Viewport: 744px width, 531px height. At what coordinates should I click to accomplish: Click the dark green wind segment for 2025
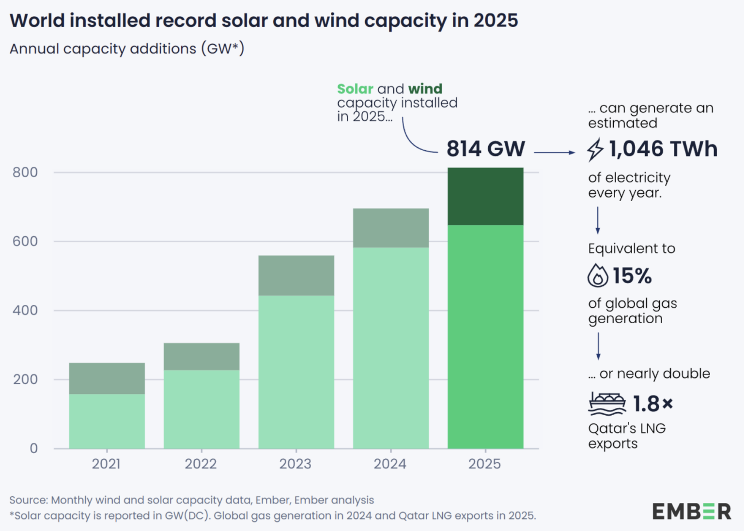click(x=485, y=196)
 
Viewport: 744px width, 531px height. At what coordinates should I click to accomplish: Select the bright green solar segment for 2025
click(x=485, y=337)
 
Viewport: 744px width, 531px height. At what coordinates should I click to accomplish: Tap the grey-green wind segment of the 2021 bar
click(x=107, y=378)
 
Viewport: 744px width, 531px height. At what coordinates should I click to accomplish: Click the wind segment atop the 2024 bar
click(x=390, y=228)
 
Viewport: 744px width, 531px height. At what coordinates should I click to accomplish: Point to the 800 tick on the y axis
click(x=25, y=172)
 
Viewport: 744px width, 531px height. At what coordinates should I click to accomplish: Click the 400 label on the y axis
click(x=25, y=310)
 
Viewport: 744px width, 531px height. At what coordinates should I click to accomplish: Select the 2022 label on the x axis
click(x=201, y=464)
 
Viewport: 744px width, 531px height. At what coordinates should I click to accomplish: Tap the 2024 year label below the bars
click(x=390, y=464)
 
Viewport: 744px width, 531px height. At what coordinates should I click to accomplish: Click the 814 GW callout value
click(x=485, y=149)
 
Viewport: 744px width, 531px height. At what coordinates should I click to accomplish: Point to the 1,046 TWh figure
click(x=663, y=149)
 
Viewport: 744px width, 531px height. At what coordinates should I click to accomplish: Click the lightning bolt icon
click(x=595, y=150)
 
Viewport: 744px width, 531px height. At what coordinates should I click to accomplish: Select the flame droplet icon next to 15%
click(x=598, y=276)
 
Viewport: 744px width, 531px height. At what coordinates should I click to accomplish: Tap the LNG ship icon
click(x=607, y=404)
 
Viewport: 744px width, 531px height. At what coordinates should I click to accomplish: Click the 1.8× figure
click(x=652, y=404)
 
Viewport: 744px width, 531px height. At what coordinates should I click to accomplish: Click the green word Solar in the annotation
click(x=355, y=89)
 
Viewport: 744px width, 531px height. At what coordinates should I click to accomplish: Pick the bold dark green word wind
click(x=425, y=89)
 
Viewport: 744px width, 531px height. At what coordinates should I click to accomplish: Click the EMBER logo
click(x=691, y=512)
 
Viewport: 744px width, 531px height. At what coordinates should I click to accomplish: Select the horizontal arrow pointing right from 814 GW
click(x=555, y=153)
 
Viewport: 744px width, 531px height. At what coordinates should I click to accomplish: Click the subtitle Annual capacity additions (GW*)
click(x=127, y=49)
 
